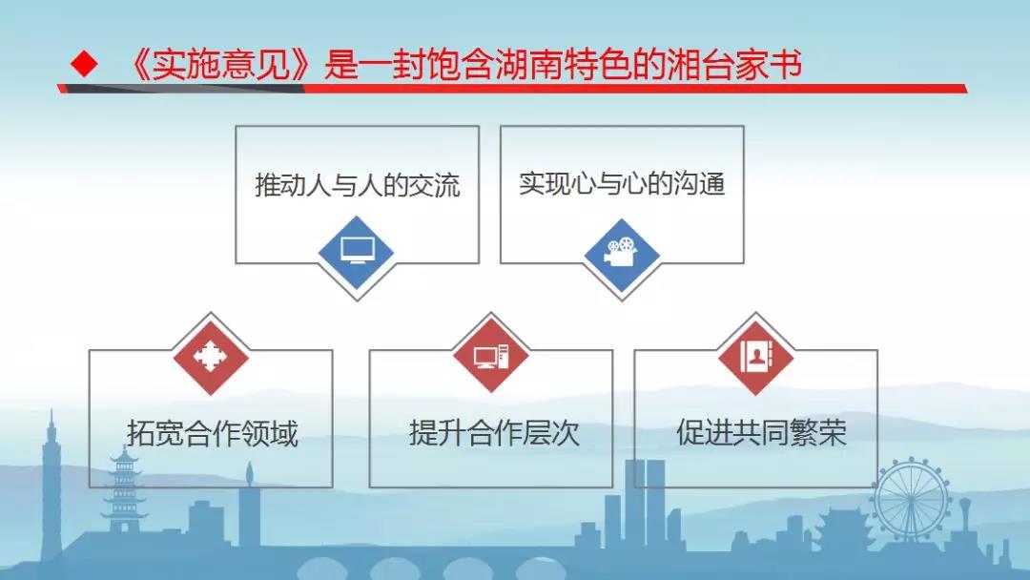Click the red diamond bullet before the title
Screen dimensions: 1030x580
point(84,64)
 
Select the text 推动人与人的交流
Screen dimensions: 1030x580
point(358,184)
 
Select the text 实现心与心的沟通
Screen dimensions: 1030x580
point(622,183)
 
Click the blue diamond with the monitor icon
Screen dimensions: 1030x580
point(356,253)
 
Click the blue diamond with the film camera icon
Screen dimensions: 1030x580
point(622,253)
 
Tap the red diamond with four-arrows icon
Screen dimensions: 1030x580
point(211,358)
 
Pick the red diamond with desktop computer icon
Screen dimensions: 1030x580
point(491,358)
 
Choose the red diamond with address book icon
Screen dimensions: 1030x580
point(755,358)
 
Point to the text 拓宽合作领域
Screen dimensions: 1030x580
point(212,433)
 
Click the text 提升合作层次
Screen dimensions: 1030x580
point(494,433)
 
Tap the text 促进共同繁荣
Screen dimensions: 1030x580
point(761,432)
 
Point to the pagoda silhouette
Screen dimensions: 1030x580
point(123,489)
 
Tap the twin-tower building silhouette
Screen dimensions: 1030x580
point(645,503)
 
